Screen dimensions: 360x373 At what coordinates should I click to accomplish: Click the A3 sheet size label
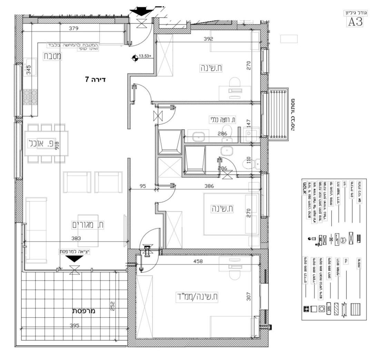[355, 21]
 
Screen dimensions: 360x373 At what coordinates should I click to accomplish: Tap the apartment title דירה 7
[95, 80]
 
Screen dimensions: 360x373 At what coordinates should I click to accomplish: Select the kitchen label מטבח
[52, 56]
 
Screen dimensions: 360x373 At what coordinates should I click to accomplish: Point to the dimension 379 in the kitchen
[73, 29]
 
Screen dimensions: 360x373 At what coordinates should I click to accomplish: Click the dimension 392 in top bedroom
[208, 39]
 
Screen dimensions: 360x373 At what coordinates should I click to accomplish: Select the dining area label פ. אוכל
[41, 143]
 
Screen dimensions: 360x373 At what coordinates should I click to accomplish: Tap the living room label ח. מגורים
[88, 225]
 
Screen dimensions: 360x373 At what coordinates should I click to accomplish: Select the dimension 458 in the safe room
[198, 261]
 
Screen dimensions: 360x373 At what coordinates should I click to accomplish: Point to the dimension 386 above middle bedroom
[209, 186]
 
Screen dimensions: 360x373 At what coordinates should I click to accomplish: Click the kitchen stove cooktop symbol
[30, 97]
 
